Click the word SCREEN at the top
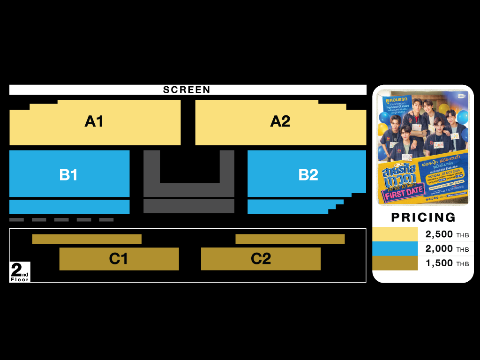point(187,90)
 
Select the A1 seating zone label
point(94,121)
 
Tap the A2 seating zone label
point(280,121)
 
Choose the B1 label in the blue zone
point(68,175)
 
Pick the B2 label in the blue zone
point(308,175)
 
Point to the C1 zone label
point(118,259)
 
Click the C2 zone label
point(261,259)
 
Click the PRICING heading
point(423,217)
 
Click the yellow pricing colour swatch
point(395,234)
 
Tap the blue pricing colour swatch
point(395,248)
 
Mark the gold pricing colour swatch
point(395,263)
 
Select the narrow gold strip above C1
point(87,239)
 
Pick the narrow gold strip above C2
point(290,239)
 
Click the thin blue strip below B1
point(69,207)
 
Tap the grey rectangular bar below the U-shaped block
point(188,206)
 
